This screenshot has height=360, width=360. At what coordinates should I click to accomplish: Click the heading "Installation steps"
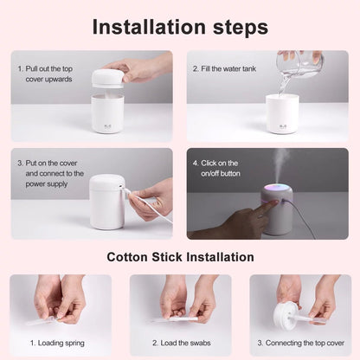(x=180, y=26)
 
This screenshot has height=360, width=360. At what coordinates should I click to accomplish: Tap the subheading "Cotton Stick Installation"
(x=180, y=257)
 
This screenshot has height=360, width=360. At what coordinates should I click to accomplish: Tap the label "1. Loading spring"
(x=61, y=343)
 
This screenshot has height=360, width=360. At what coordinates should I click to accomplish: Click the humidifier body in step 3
(x=106, y=202)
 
